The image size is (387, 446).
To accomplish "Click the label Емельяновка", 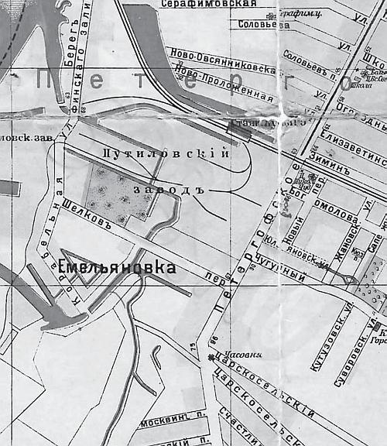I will tap(116, 268).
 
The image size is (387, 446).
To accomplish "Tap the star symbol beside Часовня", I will tap(211, 357).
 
